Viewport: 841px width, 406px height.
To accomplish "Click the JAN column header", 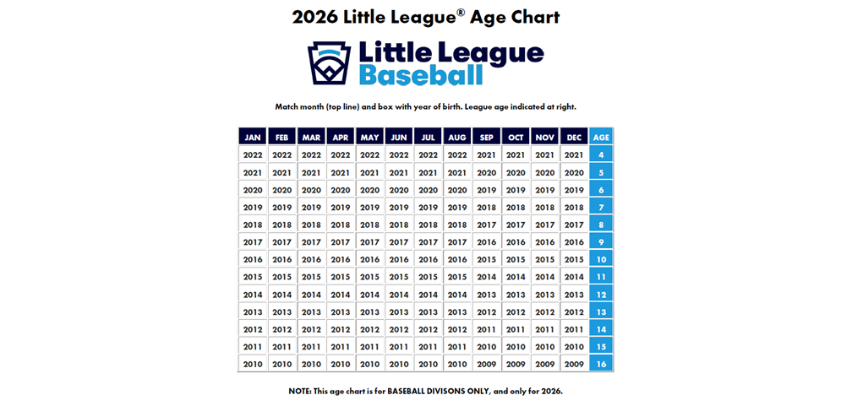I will coord(253,137).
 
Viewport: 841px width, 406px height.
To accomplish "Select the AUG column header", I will coord(457,137).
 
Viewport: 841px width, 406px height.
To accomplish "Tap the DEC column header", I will coord(574,137).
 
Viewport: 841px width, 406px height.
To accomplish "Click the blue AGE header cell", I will coord(601,137).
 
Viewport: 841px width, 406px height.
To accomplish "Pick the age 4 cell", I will coord(601,154).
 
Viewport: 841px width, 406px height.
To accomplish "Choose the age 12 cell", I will coord(601,295).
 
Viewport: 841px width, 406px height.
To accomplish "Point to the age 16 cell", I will coord(601,364).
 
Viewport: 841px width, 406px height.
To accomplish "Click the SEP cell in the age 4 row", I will coord(486,154).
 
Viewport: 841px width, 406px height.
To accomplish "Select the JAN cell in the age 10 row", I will coord(253,259).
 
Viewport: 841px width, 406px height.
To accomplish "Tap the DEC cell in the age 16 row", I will coord(574,364).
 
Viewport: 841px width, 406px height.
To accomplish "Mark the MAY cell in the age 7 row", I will coord(369,207).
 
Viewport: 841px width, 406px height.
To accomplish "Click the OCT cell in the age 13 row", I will coord(516,311).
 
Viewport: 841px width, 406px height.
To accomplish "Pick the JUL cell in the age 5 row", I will coord(428,172).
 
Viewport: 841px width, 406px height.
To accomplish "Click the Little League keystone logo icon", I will coord(329,62).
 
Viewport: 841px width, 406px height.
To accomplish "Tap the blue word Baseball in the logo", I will coord(421,75).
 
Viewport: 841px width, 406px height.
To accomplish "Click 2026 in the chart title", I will coord(315,17).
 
